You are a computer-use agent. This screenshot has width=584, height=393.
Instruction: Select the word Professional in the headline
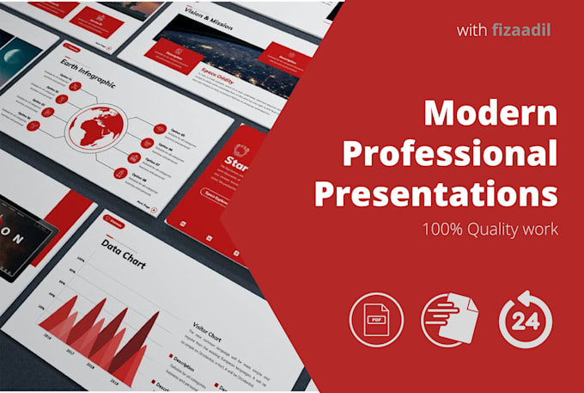[x=450, y=154]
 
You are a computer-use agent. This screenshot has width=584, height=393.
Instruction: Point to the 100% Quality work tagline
[x=489, y=230]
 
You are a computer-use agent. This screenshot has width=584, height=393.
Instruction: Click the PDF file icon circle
[x=375, y=320]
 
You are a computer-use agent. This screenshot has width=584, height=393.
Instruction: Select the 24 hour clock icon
[x=526, y=320]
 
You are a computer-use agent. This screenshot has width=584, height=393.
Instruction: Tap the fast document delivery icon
[x=450, y=320]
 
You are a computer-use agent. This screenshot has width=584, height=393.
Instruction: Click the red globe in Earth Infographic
[x=101, y=131]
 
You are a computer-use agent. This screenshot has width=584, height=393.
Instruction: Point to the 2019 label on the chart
[x=112, y=377]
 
